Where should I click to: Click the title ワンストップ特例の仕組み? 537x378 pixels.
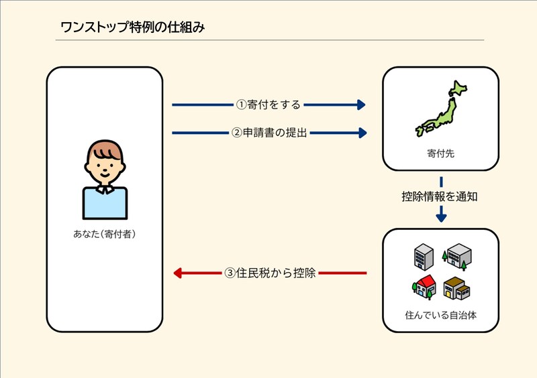132,27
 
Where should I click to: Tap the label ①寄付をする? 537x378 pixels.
268,105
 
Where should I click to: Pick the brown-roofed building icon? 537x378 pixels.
456,288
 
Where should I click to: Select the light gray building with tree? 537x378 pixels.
457,255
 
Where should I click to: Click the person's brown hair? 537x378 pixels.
104,149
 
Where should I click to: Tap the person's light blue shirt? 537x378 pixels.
105,204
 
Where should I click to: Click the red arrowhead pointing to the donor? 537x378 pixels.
178,273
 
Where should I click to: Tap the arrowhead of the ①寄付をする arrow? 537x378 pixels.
361,105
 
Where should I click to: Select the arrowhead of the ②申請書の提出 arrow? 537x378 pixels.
362,133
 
